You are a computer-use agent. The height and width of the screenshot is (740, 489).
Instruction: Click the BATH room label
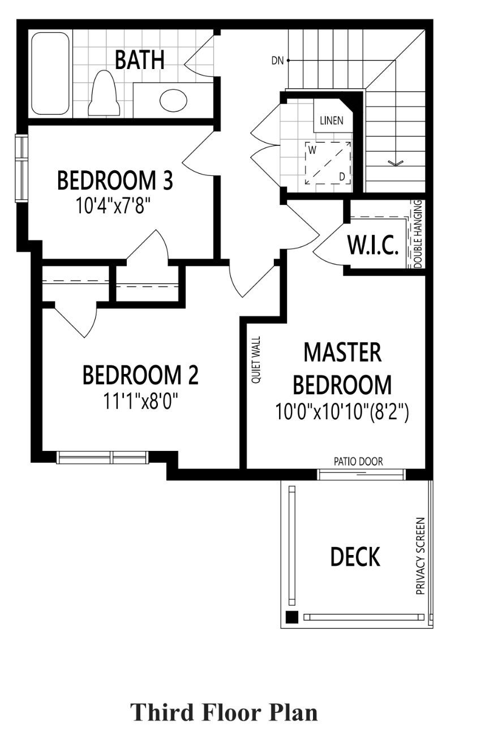(139, 60)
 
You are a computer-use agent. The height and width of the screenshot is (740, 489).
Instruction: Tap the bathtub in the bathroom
(50, 74)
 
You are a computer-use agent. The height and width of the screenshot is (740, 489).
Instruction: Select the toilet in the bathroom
(104, 93)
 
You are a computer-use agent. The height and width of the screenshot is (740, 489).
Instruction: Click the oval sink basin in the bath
(173, 100)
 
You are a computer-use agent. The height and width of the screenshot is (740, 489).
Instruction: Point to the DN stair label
(277, 61)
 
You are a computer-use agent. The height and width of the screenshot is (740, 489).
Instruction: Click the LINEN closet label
(332, 121)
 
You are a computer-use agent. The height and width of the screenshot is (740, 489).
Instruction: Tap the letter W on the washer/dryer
(312, 150)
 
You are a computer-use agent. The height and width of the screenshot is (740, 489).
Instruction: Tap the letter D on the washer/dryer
(342, 177)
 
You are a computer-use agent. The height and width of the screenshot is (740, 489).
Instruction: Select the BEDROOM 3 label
(115, 180)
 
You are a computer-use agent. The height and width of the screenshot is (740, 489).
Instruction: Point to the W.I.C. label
(373, 246)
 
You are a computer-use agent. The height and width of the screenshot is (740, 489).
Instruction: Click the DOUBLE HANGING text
(418, 234)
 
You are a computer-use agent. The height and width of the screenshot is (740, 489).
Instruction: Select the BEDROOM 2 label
(140, 375)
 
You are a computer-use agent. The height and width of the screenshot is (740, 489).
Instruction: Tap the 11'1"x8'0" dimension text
(141, 401)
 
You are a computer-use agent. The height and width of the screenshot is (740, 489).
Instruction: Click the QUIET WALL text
(256, 360)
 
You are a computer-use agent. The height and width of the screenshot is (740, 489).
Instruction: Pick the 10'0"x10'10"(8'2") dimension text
(342, 412)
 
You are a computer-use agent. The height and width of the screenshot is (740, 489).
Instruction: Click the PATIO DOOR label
(358, 462)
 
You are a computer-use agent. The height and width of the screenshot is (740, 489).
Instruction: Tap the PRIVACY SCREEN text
(421, 556)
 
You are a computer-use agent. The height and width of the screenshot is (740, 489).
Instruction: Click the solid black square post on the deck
(291, 617)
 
